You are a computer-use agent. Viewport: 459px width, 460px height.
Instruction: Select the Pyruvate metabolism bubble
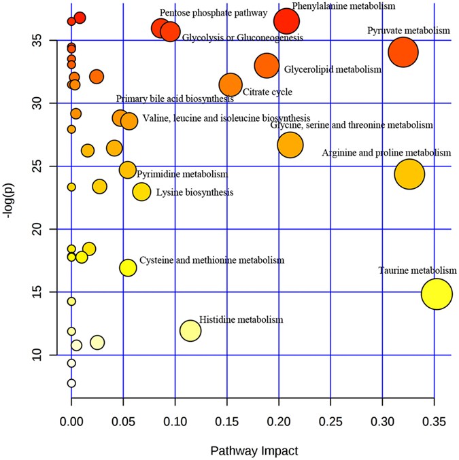click(403, 52)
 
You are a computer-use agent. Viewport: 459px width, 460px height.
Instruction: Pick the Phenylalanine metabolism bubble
click(286, 22)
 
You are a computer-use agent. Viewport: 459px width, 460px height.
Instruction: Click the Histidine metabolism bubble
click(190, 331)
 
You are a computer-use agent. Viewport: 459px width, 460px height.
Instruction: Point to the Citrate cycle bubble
click(231, 84)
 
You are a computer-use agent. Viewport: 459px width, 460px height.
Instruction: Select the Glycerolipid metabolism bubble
click(267, 65)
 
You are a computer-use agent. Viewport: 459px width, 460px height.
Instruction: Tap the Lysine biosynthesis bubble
click(141, 192)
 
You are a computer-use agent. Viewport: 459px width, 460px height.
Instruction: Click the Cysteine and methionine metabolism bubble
click(128, 268)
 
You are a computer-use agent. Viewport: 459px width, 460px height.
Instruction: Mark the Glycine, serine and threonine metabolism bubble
click(290, 144)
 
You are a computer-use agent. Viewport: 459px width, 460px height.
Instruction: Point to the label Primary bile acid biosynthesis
click(175, 99)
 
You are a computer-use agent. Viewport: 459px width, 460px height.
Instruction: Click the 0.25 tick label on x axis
click(330, 421)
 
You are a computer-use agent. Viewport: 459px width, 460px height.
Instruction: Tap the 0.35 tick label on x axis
click(434, 421)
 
